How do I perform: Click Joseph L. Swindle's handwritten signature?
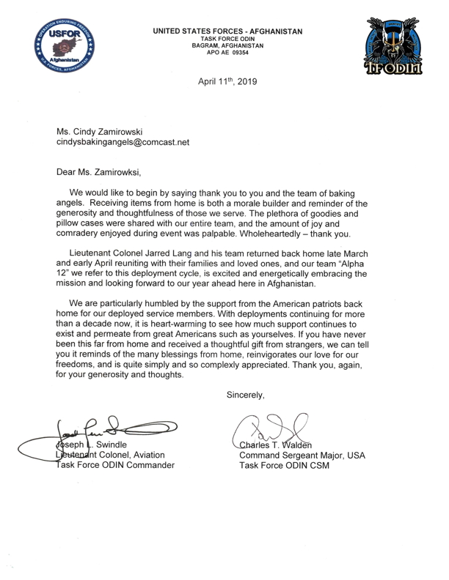(x=103, y=425)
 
